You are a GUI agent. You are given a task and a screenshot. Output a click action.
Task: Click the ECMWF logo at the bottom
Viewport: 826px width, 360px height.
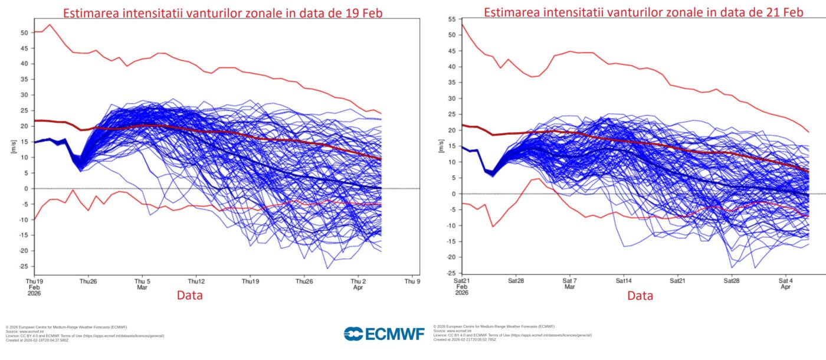[384, 334]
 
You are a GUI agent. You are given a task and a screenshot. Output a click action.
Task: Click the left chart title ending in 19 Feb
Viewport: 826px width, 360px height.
[224, 12]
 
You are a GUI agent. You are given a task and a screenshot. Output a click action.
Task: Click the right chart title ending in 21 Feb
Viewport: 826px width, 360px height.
[643, 12]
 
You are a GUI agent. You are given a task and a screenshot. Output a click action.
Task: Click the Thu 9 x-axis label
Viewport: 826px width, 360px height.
[412, 281]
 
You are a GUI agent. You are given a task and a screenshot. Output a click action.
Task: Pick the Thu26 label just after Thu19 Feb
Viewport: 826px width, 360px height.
[88, 281]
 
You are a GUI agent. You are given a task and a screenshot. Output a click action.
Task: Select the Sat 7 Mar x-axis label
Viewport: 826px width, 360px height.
[569, 283]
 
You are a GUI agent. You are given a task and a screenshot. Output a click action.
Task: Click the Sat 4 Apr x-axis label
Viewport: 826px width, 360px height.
[786, 283]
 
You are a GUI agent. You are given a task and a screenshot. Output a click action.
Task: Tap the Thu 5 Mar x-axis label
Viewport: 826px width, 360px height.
[142, 284]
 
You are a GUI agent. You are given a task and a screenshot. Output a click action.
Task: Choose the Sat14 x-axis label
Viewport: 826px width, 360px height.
[624, 280]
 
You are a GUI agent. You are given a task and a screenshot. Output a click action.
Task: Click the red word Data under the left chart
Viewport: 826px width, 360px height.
[189, 295]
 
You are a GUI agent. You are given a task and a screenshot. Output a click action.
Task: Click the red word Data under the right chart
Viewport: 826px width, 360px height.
[640, 296]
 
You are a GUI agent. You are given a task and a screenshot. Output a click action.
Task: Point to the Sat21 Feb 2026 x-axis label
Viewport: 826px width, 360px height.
[462, 286]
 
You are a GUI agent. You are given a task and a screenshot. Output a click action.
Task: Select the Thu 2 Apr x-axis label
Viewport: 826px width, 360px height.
[358, 284]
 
